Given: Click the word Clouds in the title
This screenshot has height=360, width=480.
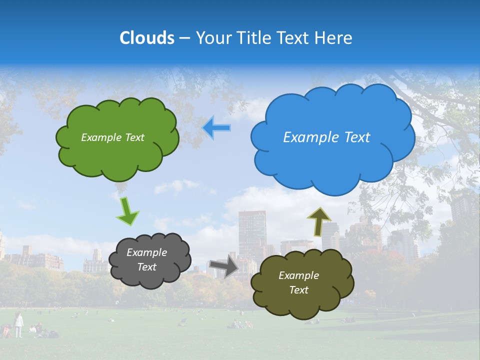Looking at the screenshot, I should pyautogui.click(x=147, y=38).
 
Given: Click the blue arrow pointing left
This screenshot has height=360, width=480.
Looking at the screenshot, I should pyautogui.click(x=216, y=128).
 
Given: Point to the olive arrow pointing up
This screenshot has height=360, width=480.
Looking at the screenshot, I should pyautogui.click(x=319, y=221).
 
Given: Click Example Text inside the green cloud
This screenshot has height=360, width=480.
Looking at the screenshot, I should pyautogui.click(x=112, y=137).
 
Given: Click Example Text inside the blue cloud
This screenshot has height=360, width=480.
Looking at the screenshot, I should pyautogui.click(x=326, y=137).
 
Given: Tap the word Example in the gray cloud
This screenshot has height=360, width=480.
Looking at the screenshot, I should pyautogui.click(x=146, y=252).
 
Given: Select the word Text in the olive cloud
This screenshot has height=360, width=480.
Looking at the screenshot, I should pyautogui.click(x=298, y=290).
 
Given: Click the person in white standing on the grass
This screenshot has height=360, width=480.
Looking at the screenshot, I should pyautogui.click(x=18, y=325).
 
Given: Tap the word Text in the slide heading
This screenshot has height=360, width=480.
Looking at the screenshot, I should pyautogui.click(x=295, y=38).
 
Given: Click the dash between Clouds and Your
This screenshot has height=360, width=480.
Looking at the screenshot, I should pyautogui.click(x=184, y=38).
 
